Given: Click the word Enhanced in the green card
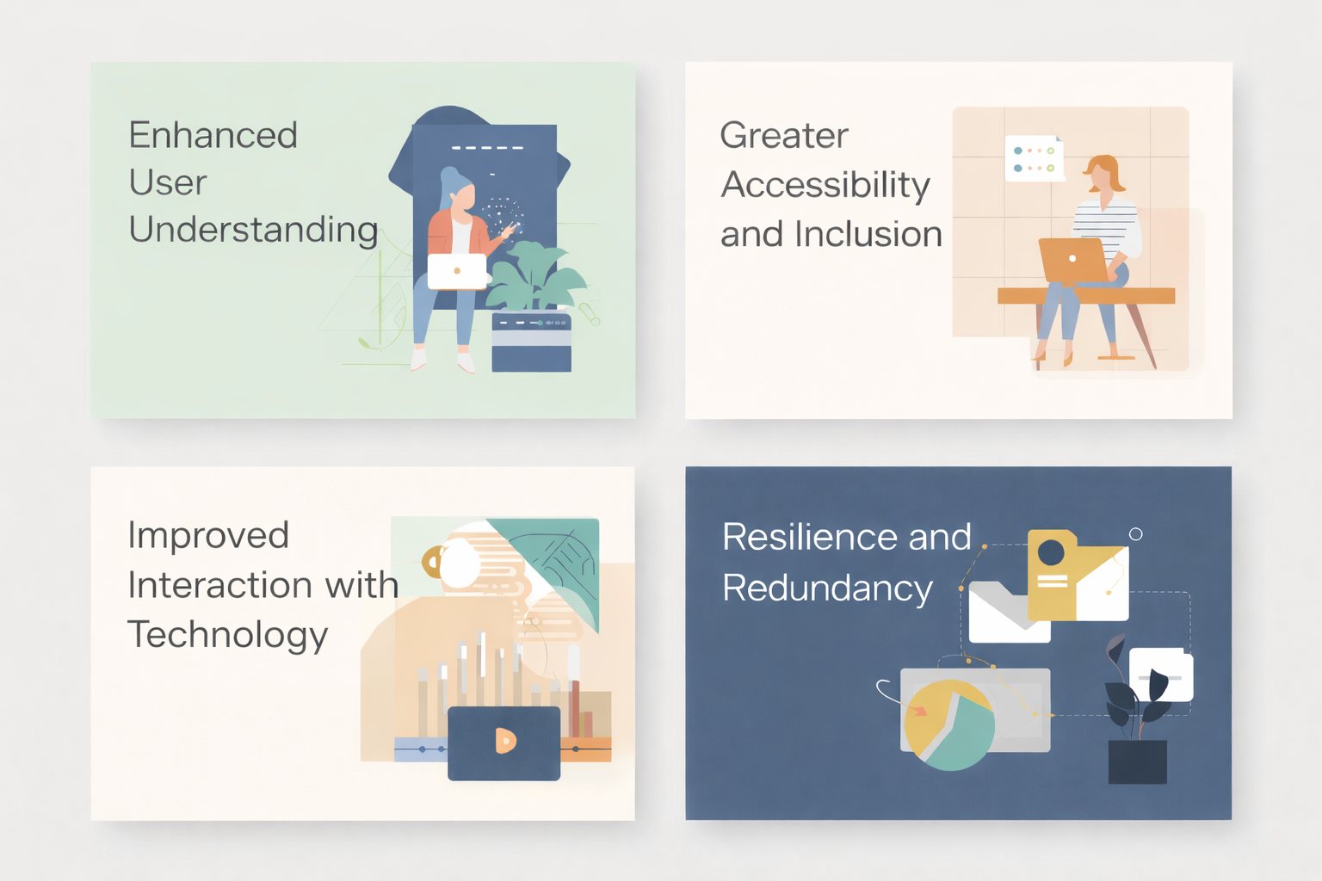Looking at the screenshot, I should click(213, 136).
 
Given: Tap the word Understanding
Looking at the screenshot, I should click(253, 231).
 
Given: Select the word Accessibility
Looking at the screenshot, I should click(825, 185).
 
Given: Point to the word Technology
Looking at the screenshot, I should click(227, 635).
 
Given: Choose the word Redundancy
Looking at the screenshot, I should click(827, 588).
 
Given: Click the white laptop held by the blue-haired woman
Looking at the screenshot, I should click(457, 271).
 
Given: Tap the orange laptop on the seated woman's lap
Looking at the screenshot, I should click(1072, 260).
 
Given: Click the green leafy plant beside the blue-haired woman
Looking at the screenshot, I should click(535, 277).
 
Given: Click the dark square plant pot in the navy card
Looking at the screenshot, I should click(1137, 761).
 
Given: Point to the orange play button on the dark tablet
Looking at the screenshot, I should click(505, 740).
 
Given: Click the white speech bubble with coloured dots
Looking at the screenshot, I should click(1034, 158).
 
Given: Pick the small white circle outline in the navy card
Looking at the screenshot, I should click(1135, 534).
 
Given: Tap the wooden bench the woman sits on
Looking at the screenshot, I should click(1086, 296).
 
